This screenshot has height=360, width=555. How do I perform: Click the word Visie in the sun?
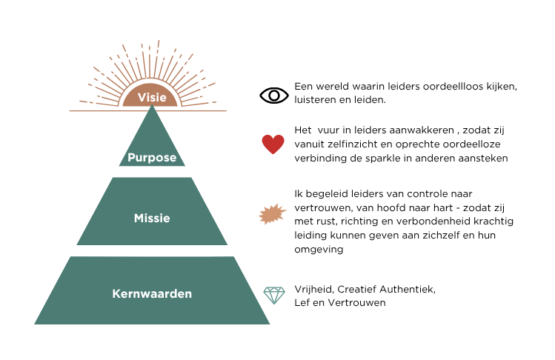click(152, 97)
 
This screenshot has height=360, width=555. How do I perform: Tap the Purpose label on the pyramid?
click(152, 158)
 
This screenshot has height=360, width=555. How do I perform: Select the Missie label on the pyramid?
click(152, 218)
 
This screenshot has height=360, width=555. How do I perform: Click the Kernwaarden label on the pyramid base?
click(152, 294)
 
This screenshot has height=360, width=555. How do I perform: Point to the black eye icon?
click(274, 96)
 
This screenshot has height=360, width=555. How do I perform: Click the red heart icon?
click(273, 144)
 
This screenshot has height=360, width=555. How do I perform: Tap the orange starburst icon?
click(272, 214)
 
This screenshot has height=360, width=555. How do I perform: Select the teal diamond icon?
click(274, 296)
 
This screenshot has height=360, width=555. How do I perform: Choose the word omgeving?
click(319, 250)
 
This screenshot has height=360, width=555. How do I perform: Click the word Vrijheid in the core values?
click(314, 290)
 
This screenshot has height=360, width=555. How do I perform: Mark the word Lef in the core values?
click(302, 303)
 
